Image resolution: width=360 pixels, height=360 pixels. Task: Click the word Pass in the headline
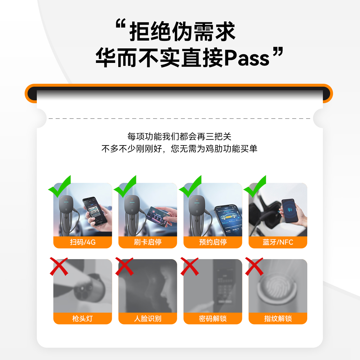247,58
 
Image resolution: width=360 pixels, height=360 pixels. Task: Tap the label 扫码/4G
83,242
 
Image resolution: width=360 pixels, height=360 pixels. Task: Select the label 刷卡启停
148,242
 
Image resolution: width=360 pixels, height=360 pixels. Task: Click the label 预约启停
213,242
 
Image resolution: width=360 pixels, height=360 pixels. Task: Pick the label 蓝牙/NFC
278,242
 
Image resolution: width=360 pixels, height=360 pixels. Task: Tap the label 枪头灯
83,318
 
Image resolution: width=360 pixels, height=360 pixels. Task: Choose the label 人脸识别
148,318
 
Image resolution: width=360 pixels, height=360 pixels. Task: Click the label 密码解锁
213,318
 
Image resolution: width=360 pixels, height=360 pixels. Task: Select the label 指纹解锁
278,318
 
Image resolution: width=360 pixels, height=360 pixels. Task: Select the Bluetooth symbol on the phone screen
289,210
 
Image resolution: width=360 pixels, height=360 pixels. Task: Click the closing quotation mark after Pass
278,52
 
